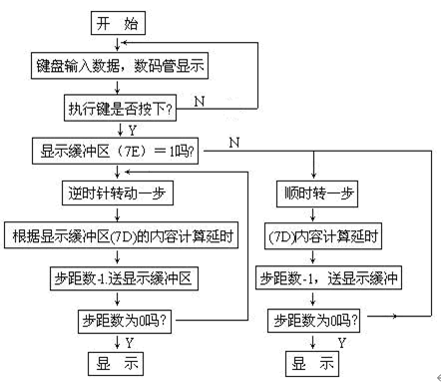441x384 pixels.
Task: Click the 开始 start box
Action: [119, 21]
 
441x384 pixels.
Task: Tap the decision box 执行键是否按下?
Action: [119, 103]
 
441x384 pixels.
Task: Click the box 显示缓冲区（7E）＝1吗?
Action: [119, 152]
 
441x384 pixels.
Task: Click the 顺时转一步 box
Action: [315, 193]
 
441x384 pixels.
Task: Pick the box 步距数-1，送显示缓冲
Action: [315, 280]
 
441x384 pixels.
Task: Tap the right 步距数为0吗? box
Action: [315, 321]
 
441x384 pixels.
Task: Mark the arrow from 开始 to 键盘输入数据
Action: [119, 44]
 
